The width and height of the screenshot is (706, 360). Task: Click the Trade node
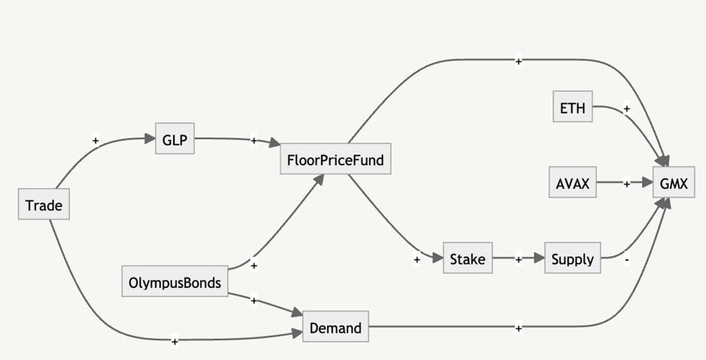(44, 205)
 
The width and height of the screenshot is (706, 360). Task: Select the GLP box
(174, 139)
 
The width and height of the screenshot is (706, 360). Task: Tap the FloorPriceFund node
(335, 159)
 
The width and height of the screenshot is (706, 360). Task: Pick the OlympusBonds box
(174, 283)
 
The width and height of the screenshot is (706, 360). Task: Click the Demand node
(335, 328)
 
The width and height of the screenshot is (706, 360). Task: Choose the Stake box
(468, 259)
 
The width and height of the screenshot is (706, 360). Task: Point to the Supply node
(572, 259)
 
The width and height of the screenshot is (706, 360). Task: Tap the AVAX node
(572, 183)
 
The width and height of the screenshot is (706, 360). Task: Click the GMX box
(673, 183)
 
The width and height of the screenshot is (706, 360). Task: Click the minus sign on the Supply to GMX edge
(627, 259)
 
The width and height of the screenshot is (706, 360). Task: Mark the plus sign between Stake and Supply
(518, 259)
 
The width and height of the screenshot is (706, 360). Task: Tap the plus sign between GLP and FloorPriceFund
(253, 141)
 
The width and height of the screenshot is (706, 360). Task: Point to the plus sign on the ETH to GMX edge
(627, 108)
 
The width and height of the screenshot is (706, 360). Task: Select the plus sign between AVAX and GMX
(627, 183)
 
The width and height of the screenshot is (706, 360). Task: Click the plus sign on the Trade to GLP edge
(95, 140)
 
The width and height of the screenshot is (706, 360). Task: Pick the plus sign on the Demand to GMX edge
(518, 328)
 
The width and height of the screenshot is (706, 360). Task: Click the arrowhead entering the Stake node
(438, 259)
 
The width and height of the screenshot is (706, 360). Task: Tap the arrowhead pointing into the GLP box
(150, 138)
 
